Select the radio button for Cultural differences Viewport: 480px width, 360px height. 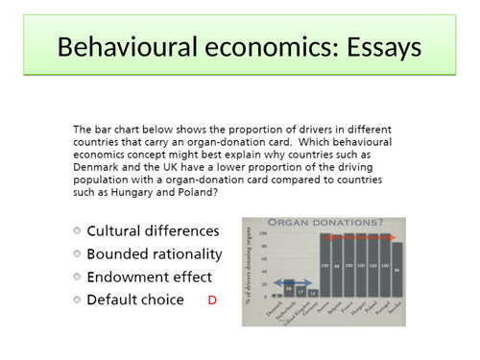[x=76, y=231]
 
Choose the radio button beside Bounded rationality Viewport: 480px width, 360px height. [x=76, y=254]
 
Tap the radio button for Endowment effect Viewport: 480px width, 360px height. [x=76, y=277]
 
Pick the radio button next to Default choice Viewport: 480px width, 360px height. [x=76, y=300]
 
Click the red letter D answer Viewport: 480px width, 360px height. [x=212, y=300]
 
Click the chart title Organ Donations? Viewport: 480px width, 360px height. [x=329, y=223]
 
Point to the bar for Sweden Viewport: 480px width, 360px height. [x=396, y=270]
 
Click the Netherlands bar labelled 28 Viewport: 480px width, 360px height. [x=288, y=289]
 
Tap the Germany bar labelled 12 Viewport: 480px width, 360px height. [x=312, y=294]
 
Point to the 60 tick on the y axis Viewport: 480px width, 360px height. [x=262, y=258]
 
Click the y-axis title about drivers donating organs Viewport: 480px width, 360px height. [x=250, y=268]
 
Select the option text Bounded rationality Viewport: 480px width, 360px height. [x=154, y=254]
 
